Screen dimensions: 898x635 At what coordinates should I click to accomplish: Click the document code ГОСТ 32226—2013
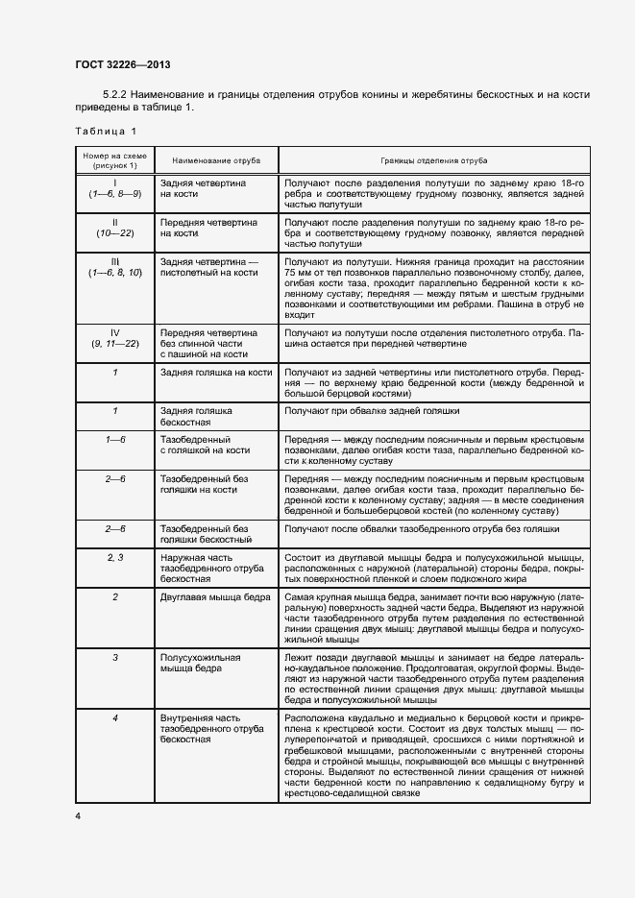(122, 65)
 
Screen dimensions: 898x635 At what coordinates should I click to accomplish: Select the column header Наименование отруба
(204, 158)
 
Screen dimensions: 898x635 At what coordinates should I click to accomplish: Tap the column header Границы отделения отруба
(433, 158)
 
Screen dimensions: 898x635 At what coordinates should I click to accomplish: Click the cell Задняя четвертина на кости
(203, 187)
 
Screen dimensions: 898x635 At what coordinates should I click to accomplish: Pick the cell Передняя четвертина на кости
(208, 227)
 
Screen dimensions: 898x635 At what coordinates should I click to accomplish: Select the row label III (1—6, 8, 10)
(114, 266)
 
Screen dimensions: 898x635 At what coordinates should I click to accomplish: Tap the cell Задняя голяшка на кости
(215, 371)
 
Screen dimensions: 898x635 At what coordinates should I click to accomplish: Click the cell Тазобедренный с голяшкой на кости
(205, 445)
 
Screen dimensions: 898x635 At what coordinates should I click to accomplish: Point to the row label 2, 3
(114, 557)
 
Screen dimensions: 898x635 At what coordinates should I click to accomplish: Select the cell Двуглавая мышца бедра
(215, 597)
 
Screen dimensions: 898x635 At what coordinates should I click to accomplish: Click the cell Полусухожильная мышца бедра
(200, 663)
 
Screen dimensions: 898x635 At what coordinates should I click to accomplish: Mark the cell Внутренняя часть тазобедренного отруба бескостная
(212, 729)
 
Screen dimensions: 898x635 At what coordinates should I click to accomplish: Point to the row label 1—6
(114, 439)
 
